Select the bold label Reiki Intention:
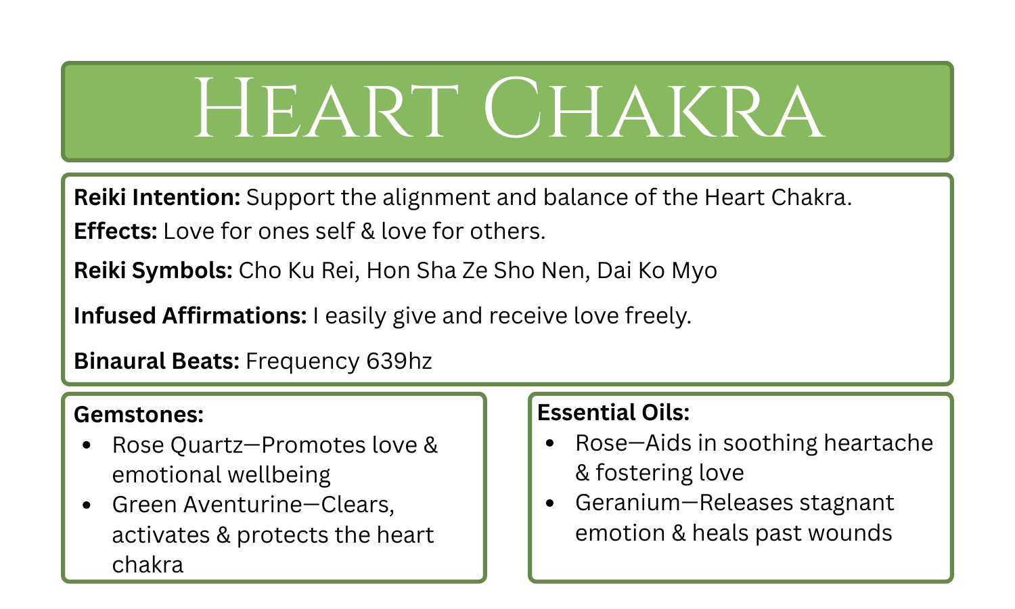(157, 198)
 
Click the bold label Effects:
(116, 231)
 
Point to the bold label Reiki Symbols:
(154, 271)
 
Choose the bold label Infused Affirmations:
(190, 316)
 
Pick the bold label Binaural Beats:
(157, 361)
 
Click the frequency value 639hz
(399, 361)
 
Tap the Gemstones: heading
(139, 414)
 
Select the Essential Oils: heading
(613, 412)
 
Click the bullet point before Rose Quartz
(86, 446)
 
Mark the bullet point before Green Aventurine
(86, 505)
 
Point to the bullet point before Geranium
(549, 503)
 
